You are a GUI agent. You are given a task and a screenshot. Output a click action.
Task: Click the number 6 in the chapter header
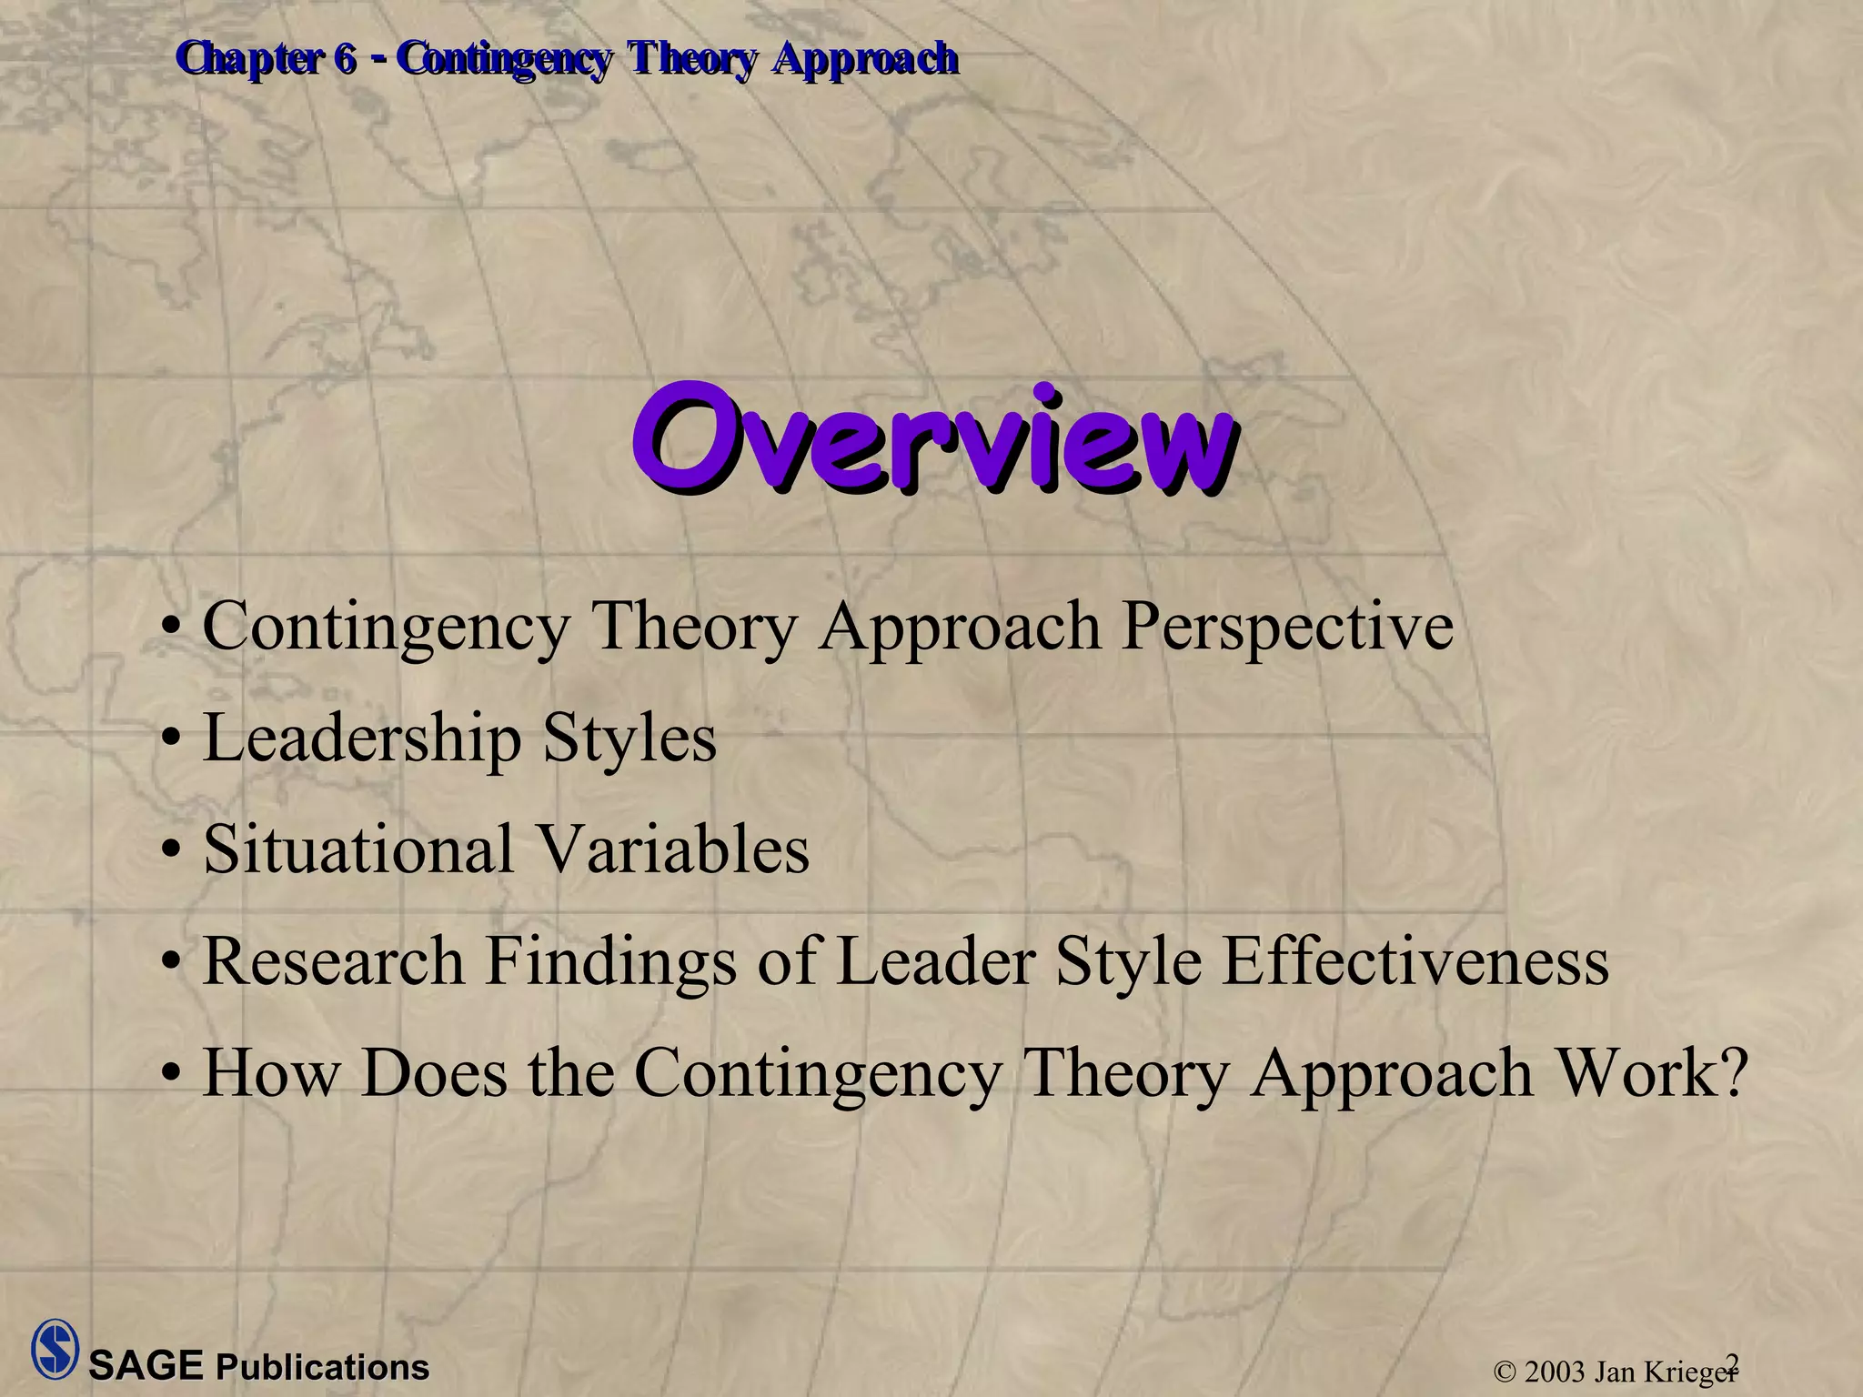tap(345, 60)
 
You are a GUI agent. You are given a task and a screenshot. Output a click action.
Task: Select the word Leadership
tap(362, 739)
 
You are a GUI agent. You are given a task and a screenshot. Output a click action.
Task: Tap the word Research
tap(333, 961)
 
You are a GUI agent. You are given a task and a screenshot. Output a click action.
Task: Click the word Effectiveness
tap(1415, 961)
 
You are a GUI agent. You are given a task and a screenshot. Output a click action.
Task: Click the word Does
tap(434, 1073)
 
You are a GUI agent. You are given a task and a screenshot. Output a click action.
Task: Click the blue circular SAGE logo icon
tap(55, 1349)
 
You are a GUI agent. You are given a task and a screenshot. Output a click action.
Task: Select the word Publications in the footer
tap(322, 1368)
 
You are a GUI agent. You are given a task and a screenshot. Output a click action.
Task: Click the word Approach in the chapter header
tap(865, 60)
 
